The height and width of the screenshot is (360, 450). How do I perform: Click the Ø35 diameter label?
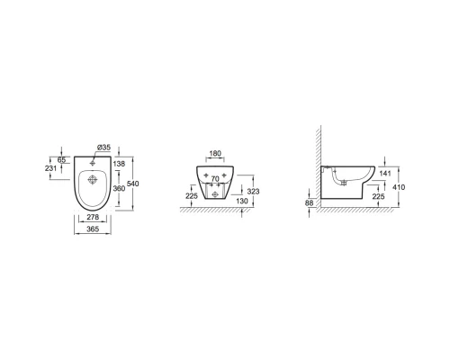pyautogui.click(x=103, y=148)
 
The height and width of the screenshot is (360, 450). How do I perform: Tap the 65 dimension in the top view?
pyautogui.click(x=61, y=160)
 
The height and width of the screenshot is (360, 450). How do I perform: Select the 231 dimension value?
pyautogui.click(x=50, y=168)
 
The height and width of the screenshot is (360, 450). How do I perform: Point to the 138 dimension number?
pyautogui.click(x=119, y=164)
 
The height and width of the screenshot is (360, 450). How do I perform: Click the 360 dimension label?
pyautogui.click(x=119, y=188)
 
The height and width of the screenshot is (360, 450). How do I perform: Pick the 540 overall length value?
pyautogui.click(x=133, y=184)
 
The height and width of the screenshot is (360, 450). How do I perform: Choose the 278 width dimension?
pyautogui.click(x=93, y=217)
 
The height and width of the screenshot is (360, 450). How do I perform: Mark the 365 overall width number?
pyautogui.click(x=93, y=229)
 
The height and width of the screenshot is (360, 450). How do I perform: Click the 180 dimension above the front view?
pyautogui.click(x=215, y=154)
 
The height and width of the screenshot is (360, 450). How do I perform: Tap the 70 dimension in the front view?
pyautogui.click(x=215, y=179)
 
